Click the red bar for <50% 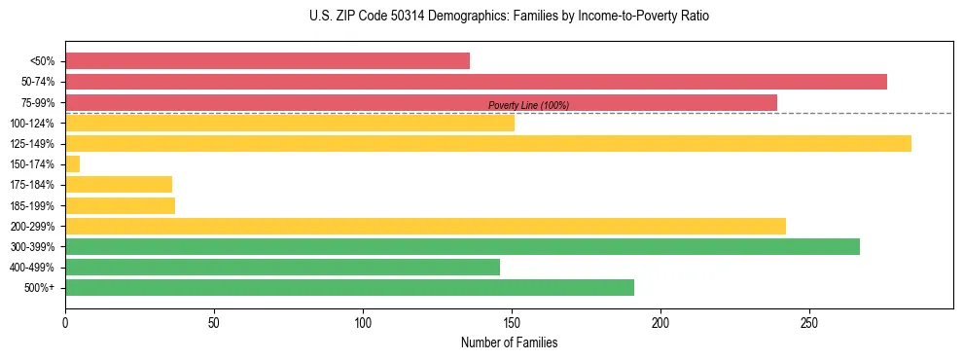tap(267, 61)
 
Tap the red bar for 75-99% tap(421, 102)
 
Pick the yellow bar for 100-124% tap(290, 123)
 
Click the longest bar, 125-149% tap(488, 144)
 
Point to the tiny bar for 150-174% tap(73, 164)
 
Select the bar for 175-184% tap(119, 185)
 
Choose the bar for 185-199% tap(120, 205)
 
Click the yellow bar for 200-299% tap(425, 227)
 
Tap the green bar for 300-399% tap(462, 247)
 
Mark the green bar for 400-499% tap(282, 268)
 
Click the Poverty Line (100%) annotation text tap(528, 105)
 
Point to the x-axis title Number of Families tap(509, 343)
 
